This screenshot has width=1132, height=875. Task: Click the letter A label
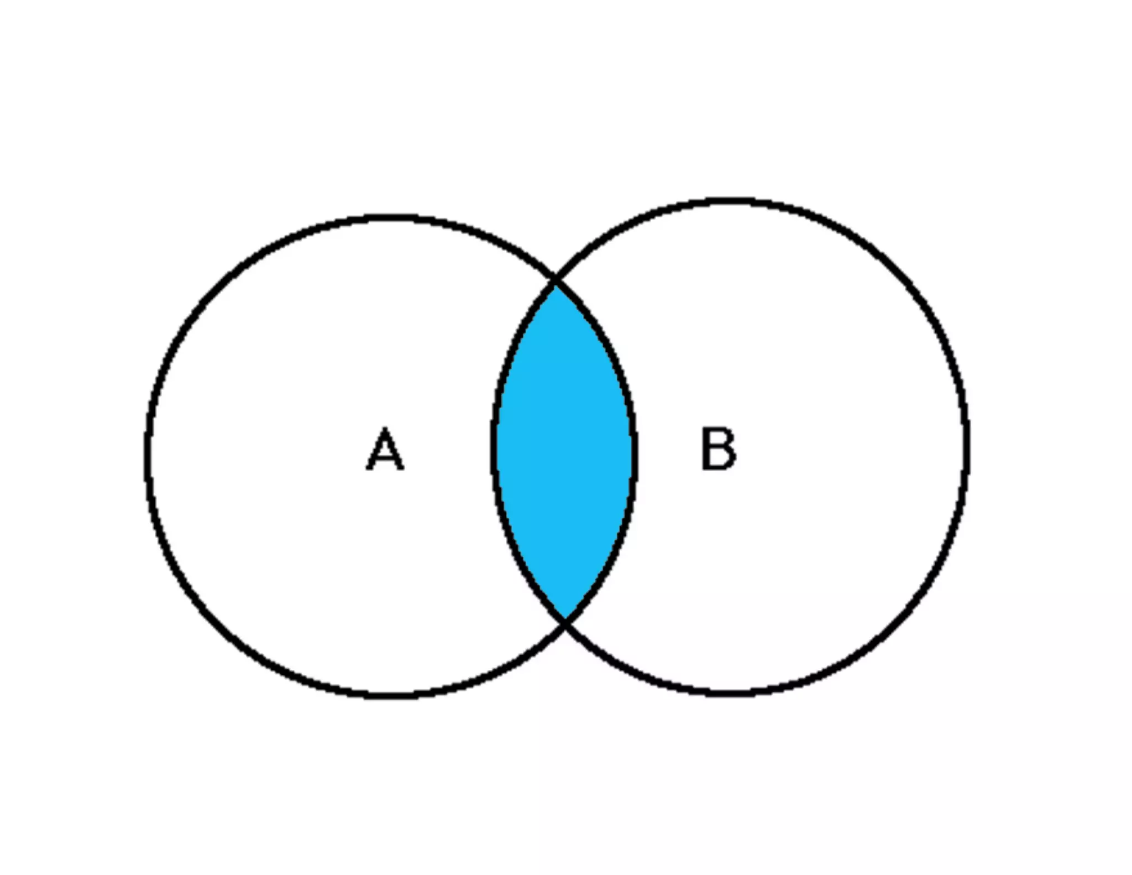point(385,449)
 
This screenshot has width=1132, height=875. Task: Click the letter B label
point(718,449)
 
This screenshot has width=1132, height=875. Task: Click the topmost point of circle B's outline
point(730,201)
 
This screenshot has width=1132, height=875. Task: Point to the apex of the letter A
point(385,429)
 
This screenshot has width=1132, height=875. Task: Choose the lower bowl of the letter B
point(727,460)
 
